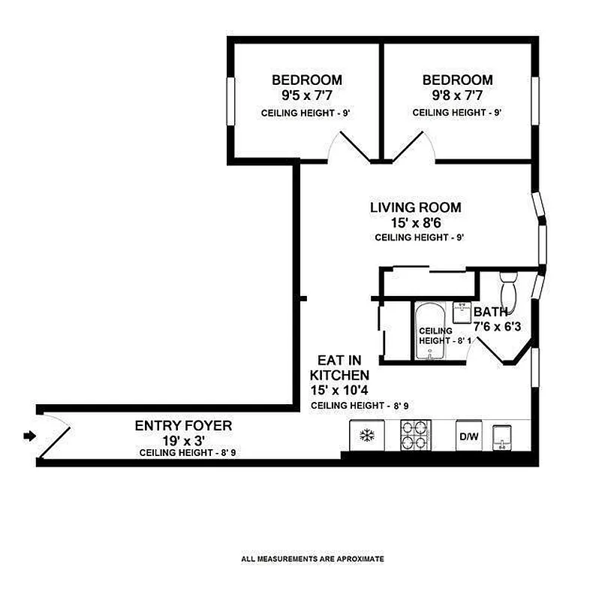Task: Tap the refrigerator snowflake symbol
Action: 368,435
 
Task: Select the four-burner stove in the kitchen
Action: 416,434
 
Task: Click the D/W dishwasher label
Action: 467,435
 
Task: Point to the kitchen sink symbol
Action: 501,436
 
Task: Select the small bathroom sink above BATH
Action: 462,310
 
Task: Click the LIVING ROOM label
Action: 415,207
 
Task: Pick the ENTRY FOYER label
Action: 183,426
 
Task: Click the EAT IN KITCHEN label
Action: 342,367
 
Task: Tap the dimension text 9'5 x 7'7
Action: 306,95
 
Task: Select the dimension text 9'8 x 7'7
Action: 457,95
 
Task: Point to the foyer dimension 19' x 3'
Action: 183,440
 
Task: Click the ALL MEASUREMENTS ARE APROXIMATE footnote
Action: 312,559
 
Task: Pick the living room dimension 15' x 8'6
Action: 415,223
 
